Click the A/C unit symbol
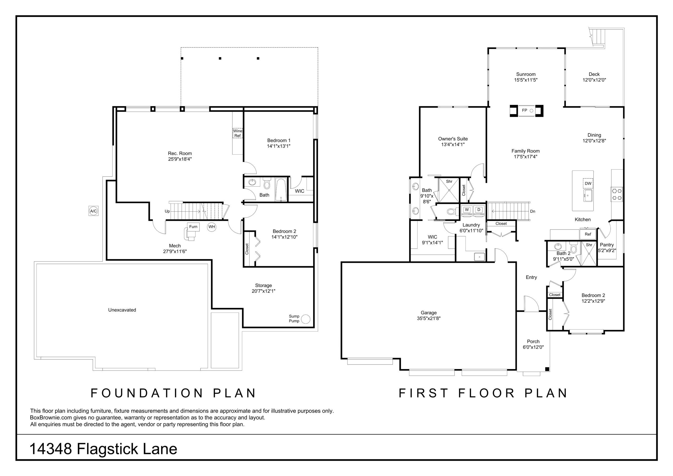coord(94,211)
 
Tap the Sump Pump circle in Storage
coord(306,319)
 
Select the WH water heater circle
coord(212,227)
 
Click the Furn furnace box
coord(193,227)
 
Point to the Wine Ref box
coord(238,133)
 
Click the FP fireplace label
coord(525,110)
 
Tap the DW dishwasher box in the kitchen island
coord(588,183)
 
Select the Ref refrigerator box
coord(588,234)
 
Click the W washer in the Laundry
coord(467,210)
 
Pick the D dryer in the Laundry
coord(479,210)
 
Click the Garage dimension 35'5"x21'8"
coord(429,318)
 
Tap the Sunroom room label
coord(526,74)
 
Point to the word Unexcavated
coord(122,310)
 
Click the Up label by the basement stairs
coord(167,211)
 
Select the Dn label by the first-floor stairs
coord(533,211)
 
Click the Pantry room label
coord(607,245)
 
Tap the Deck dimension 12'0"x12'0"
coord(594,80)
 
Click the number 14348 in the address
coord(51,449)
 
